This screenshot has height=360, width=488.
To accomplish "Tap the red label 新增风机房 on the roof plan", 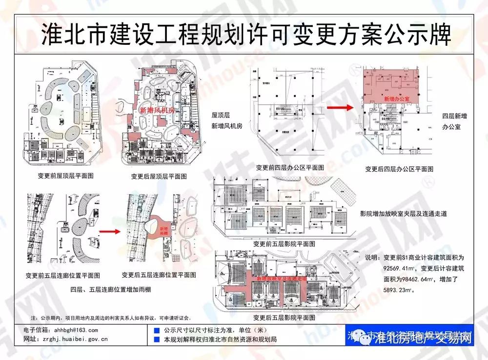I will [x=157, y=111].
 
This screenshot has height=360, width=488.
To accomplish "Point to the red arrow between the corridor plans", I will [x=109, y=231].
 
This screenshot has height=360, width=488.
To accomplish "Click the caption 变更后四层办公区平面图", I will [x=399, y=169].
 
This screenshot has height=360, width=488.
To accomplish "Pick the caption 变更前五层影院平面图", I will [x=284, y=242].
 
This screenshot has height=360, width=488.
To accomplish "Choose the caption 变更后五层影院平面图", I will [x=284, y=318].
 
